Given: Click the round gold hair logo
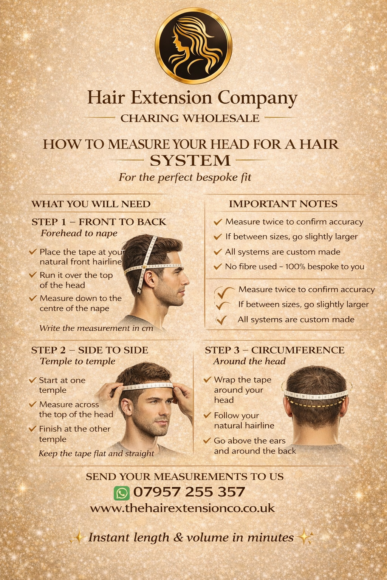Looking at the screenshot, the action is click(193, 46).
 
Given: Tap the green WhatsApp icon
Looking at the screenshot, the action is click(122, 493).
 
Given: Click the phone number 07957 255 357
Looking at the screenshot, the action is click(189, 492).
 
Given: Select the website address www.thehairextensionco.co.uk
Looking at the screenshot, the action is click(182, 508).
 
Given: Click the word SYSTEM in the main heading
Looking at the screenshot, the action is click(190, 160).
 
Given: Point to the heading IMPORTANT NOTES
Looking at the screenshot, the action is click(283, 204).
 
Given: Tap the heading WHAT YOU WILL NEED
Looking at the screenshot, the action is click(91, 204).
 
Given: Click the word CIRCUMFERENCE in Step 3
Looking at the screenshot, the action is click(298, 350).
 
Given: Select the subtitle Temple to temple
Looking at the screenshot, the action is click(77, 361).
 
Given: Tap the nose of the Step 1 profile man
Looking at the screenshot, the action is click(186, 280).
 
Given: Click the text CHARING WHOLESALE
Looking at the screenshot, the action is click(190, 118).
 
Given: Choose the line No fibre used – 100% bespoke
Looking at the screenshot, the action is click(295, 267).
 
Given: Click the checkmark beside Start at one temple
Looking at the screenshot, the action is click(33, 380).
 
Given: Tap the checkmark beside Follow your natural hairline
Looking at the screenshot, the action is click(207, 415).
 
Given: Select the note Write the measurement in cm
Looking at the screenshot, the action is click(96, 328).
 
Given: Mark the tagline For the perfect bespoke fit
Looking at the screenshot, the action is click(185, 177).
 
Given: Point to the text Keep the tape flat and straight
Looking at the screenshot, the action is click(96, 454).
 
